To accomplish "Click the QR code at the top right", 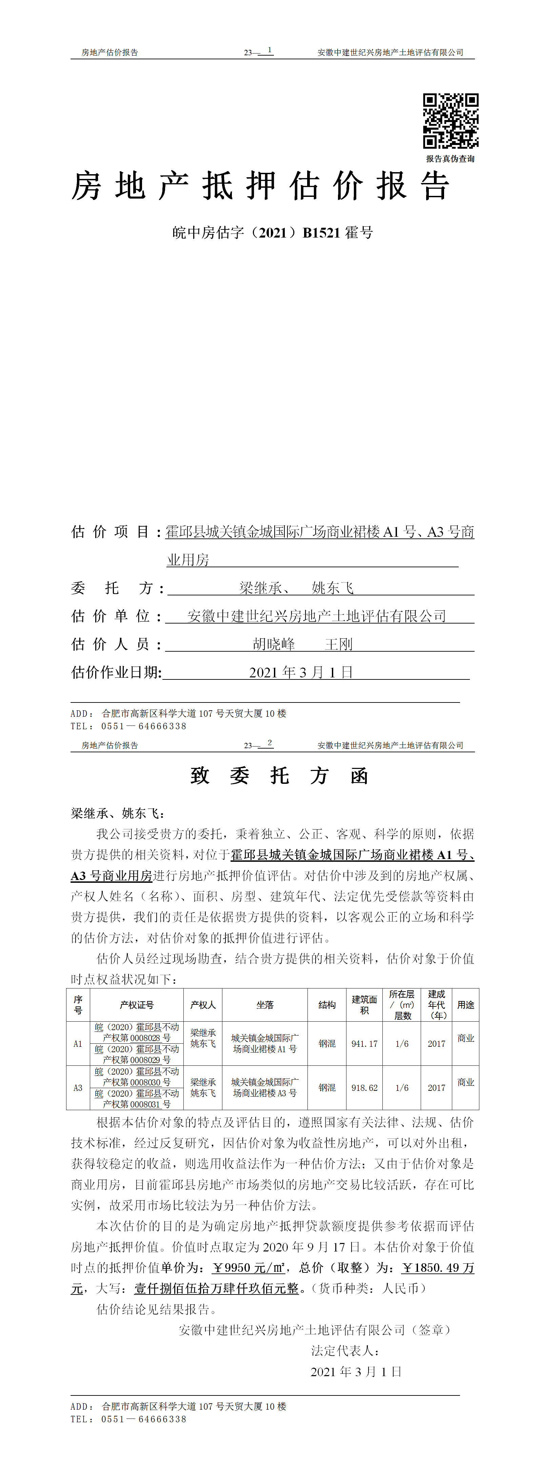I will pyautogui.click(x=450, y=121).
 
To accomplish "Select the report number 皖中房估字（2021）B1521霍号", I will pyautogui.click(x=272, y=233).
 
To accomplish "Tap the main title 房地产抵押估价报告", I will pyautogui.click(x=261, y=186).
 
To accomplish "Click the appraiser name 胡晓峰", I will pyautogui.click(x=274, y=645).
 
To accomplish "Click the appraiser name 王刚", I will pyautogui.click(x=339, y=645).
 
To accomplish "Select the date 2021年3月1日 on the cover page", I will pyautogui.click(x=301, y=672).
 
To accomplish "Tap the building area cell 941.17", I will pyautogui.click(x=364, y=1044).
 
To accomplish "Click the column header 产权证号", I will pyautogui.click(x=136, y=1005).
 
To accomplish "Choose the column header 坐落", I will pyautogui.click(x=265, y=1005).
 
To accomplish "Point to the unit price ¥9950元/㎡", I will pyautogui.click(x=248, y=1268).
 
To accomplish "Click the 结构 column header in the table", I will pyautogui.click(x=327, y=1005).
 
